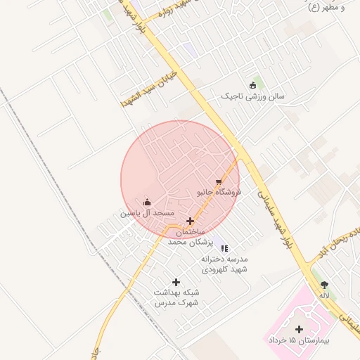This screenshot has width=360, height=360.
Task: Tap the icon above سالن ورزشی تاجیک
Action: click(253, 85)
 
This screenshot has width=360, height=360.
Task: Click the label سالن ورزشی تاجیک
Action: click(253, 96)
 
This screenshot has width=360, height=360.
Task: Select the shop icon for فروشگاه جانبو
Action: click(218, 181)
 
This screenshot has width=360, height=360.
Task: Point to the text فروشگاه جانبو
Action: click(218, 191)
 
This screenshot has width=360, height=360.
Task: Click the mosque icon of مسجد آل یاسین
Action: click(147, 202)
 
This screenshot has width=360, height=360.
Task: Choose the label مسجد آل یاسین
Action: click(146, 212)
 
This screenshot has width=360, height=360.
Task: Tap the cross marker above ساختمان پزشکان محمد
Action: click(190, 221)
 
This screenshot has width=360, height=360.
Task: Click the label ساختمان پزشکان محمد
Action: click(186, 236)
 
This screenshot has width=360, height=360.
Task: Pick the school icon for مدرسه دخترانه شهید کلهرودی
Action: click(225, 248)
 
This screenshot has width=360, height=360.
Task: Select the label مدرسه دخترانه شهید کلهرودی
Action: click(225, 264)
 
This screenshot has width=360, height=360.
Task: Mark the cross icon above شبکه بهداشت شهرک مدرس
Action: click(176, 282)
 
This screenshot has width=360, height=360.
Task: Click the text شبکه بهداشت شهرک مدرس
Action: click(176, 297)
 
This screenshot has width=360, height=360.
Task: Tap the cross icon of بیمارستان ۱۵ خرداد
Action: click(300, 329)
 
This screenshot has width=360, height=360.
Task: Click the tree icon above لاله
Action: click(324, 285)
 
